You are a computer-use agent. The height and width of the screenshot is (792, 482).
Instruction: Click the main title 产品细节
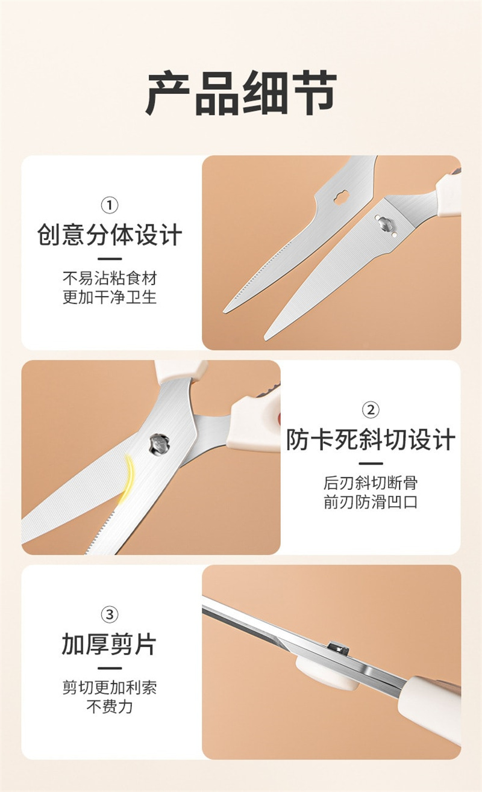tap(241, 93)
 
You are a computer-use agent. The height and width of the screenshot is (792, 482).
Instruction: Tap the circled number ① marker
tap(109, 205)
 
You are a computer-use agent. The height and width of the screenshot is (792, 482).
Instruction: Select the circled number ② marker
tap(371, 410)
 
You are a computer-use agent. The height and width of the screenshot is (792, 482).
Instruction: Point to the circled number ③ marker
tap(109, 614)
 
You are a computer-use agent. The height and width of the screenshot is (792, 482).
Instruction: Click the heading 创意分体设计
tap(109, 235)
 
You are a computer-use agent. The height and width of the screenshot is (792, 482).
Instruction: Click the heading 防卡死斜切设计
tap(371, 439)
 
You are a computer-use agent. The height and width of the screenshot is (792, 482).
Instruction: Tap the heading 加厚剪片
tap(109, 644)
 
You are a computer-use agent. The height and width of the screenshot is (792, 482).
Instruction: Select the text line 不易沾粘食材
tap(110, 279)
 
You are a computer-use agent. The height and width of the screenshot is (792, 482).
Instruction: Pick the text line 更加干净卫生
tap(110, 297)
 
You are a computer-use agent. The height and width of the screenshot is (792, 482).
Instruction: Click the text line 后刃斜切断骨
tap(371, 483)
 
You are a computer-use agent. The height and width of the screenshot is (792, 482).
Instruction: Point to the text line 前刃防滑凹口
tap(371, 502)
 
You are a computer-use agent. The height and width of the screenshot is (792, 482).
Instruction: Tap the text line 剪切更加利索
tap(110, 688)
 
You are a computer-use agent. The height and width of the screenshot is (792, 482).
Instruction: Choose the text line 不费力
tap(110, 707)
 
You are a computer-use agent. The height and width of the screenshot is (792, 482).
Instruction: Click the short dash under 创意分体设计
tap(109, 259)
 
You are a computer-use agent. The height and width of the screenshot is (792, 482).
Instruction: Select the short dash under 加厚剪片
tap(109, 668)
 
